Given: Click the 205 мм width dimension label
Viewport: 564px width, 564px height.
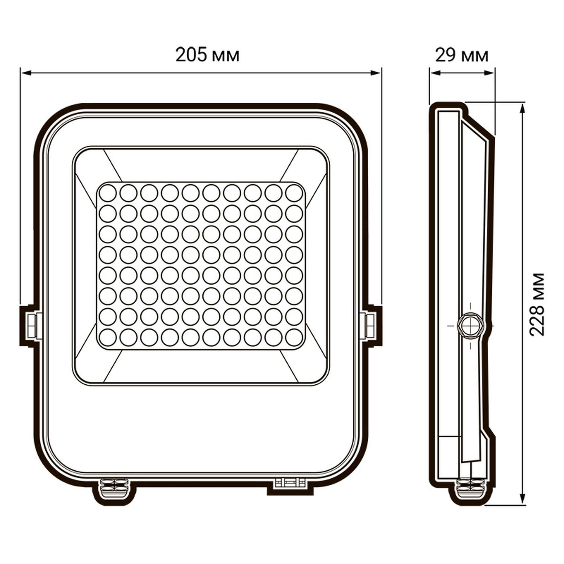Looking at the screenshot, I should [208, 56].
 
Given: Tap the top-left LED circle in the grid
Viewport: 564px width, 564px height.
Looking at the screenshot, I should [108, 193].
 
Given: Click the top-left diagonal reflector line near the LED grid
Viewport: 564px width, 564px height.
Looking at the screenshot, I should [113, 165].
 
